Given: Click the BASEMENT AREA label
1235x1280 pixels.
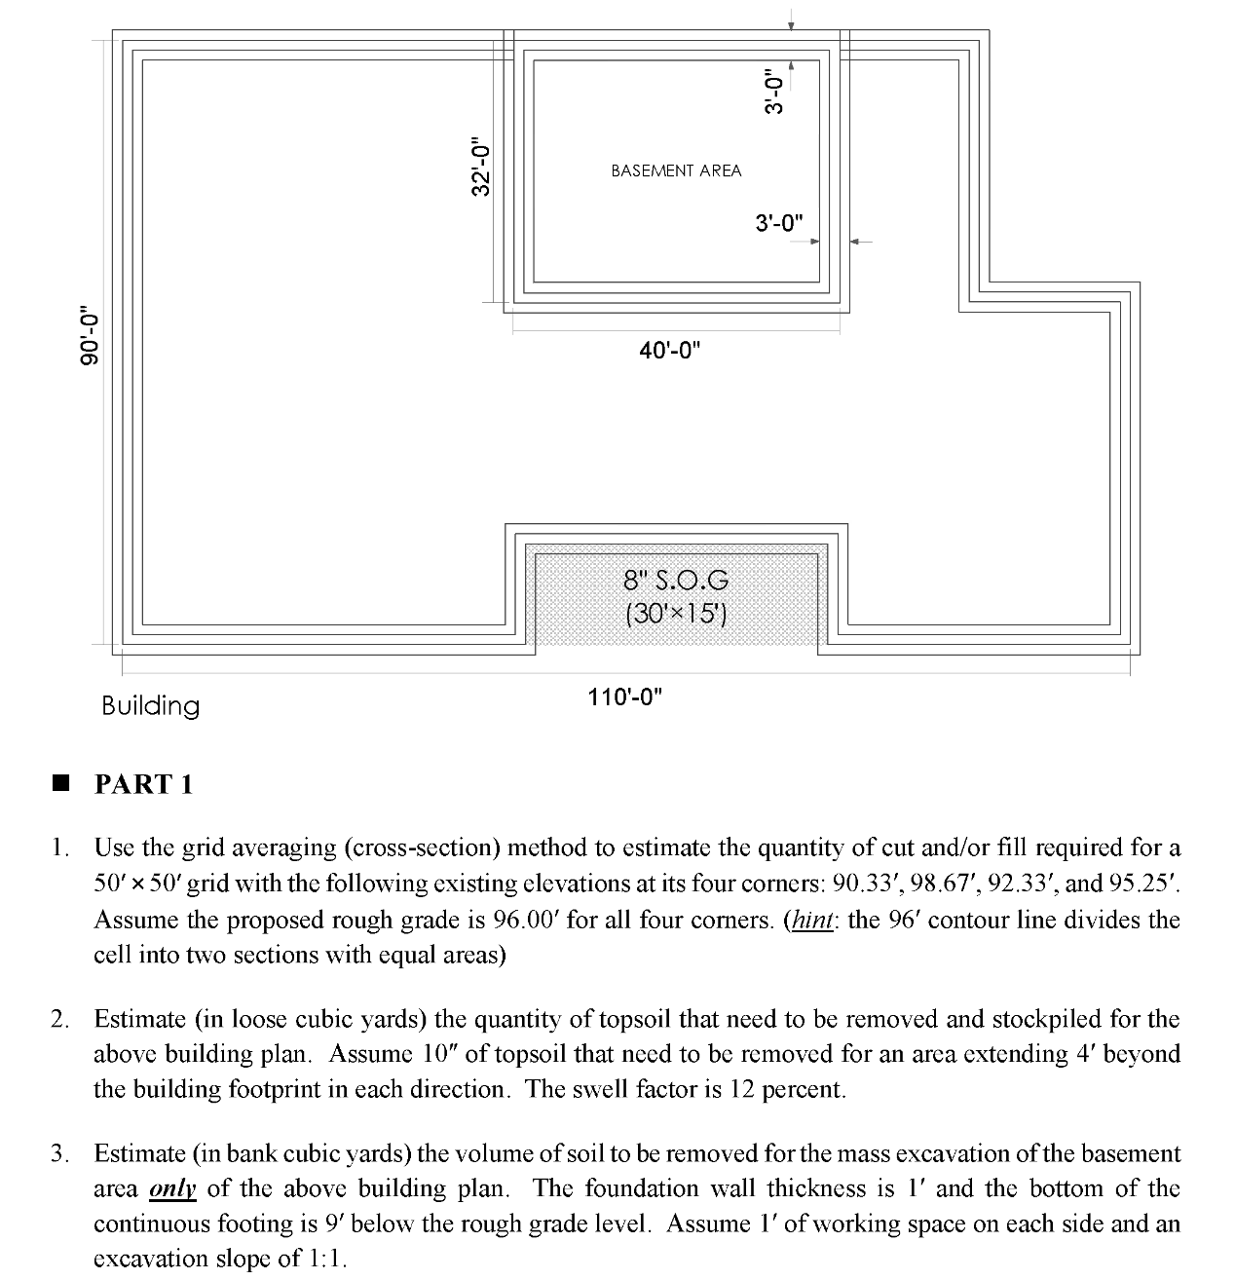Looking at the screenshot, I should [676, 170].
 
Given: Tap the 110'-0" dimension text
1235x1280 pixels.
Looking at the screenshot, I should [624, 696].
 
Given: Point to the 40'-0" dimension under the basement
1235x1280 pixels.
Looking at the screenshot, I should [670, 350].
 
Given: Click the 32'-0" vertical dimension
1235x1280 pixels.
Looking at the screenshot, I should [479, 167].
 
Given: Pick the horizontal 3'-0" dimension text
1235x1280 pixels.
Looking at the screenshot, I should [779, 222].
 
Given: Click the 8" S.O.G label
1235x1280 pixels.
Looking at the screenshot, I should [676, 582].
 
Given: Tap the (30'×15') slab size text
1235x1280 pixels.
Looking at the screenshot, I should [676, 614].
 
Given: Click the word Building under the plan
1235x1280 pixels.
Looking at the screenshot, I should [150, 706].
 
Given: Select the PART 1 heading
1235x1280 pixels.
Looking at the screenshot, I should [144, 784].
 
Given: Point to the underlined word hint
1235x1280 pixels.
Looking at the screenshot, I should [811, 920].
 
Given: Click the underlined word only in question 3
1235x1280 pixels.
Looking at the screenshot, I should [173, 1188].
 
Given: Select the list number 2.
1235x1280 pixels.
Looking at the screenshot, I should [60, 1020].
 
